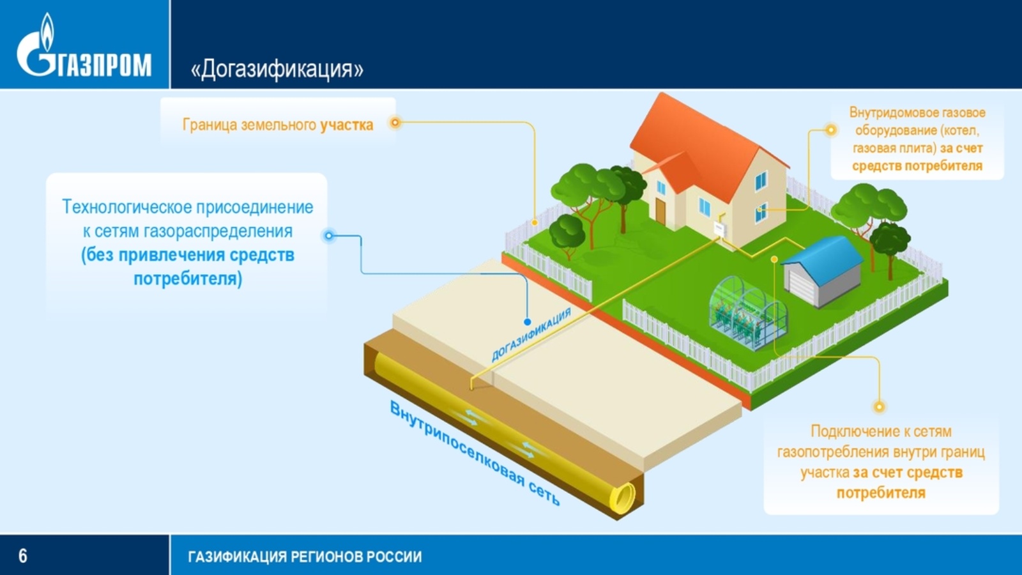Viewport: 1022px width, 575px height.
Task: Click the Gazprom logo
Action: point(84,45)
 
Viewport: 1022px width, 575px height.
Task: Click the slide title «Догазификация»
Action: point(277,69)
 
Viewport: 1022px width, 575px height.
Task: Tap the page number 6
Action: point(22,556)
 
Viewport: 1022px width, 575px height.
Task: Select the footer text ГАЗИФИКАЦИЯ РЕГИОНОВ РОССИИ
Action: point(305,556)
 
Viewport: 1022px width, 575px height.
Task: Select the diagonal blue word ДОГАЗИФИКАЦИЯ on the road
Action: point(531,335)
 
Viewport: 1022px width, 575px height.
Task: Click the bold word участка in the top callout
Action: point(346,125)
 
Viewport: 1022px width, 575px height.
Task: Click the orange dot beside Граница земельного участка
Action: point(395,122)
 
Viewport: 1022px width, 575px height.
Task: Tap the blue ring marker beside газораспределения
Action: point(329,236)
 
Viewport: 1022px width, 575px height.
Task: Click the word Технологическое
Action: point(126,207)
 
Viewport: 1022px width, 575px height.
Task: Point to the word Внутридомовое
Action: point(883,112)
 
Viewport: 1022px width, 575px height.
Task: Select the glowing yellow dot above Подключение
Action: point(879,406)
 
